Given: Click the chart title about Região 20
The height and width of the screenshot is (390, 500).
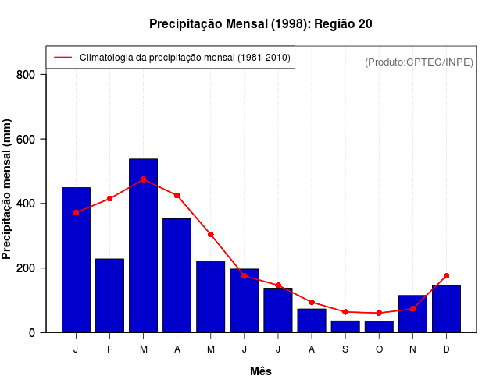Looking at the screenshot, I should [x=260, y=24].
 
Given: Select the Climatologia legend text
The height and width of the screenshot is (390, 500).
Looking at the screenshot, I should [x=184, y=58].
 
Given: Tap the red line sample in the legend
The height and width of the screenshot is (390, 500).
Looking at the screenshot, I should [x=62, y=58].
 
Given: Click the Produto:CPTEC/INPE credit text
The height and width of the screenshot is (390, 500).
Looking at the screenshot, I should [x=419, y=62].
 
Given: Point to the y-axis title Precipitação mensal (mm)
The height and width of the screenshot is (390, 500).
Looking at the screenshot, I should [x=8, y=189].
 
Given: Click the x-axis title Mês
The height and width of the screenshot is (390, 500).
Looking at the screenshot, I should [x=261, y=371].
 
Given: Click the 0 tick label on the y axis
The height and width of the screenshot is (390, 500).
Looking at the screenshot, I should [x=32, y=333].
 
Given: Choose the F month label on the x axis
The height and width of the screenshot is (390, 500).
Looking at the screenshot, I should [x=110, y=349].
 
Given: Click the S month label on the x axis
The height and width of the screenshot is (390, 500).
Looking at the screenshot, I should [x=345, y=349].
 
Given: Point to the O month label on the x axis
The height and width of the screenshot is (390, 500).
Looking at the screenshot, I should [x=379, y=349].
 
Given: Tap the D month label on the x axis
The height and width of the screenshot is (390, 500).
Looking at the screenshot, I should [x=446, y=349].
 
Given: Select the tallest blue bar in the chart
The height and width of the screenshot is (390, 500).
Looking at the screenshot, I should [x=144, y=246].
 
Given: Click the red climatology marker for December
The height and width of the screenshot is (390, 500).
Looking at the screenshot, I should [x=446, y=275].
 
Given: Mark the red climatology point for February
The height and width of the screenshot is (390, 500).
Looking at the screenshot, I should [x=110, y=199].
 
